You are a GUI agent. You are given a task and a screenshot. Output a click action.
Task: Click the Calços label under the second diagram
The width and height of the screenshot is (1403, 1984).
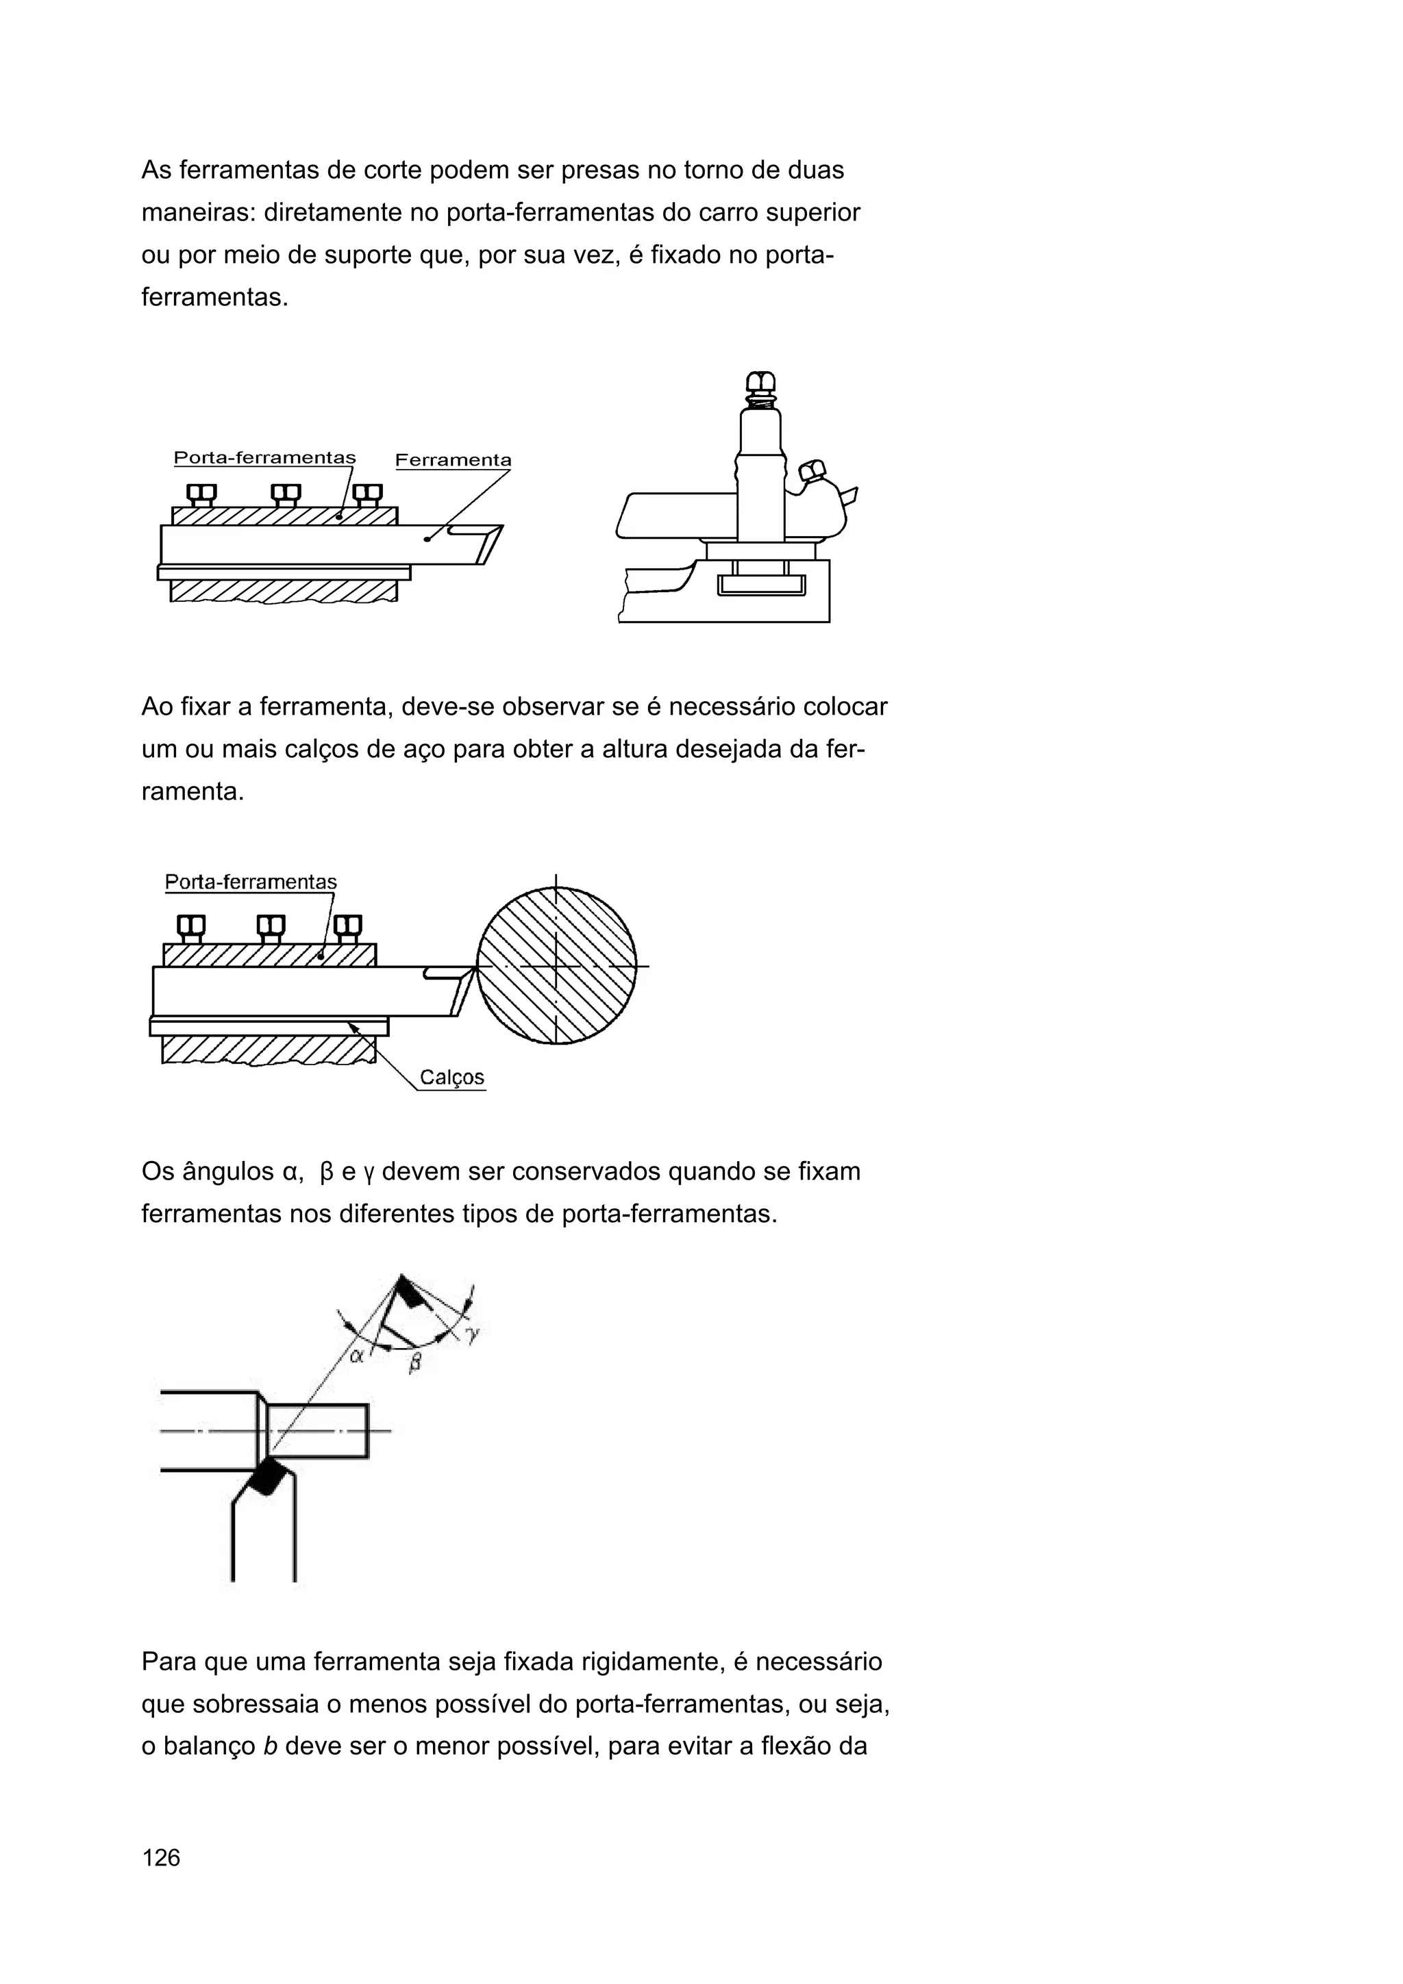click(451, 1078)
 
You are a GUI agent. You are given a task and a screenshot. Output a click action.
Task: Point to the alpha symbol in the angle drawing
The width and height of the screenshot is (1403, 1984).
click(356, 1355)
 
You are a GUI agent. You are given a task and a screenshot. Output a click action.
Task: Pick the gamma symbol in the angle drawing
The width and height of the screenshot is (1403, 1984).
click(472, 1335)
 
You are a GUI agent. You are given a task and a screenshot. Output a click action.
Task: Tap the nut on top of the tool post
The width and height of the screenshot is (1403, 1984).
click(760, 383)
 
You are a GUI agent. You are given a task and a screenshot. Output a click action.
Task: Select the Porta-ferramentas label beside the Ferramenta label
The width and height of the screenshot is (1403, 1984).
click(264, 458)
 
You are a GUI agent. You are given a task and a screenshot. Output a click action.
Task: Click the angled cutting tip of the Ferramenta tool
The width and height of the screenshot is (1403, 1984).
click(489, 544)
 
